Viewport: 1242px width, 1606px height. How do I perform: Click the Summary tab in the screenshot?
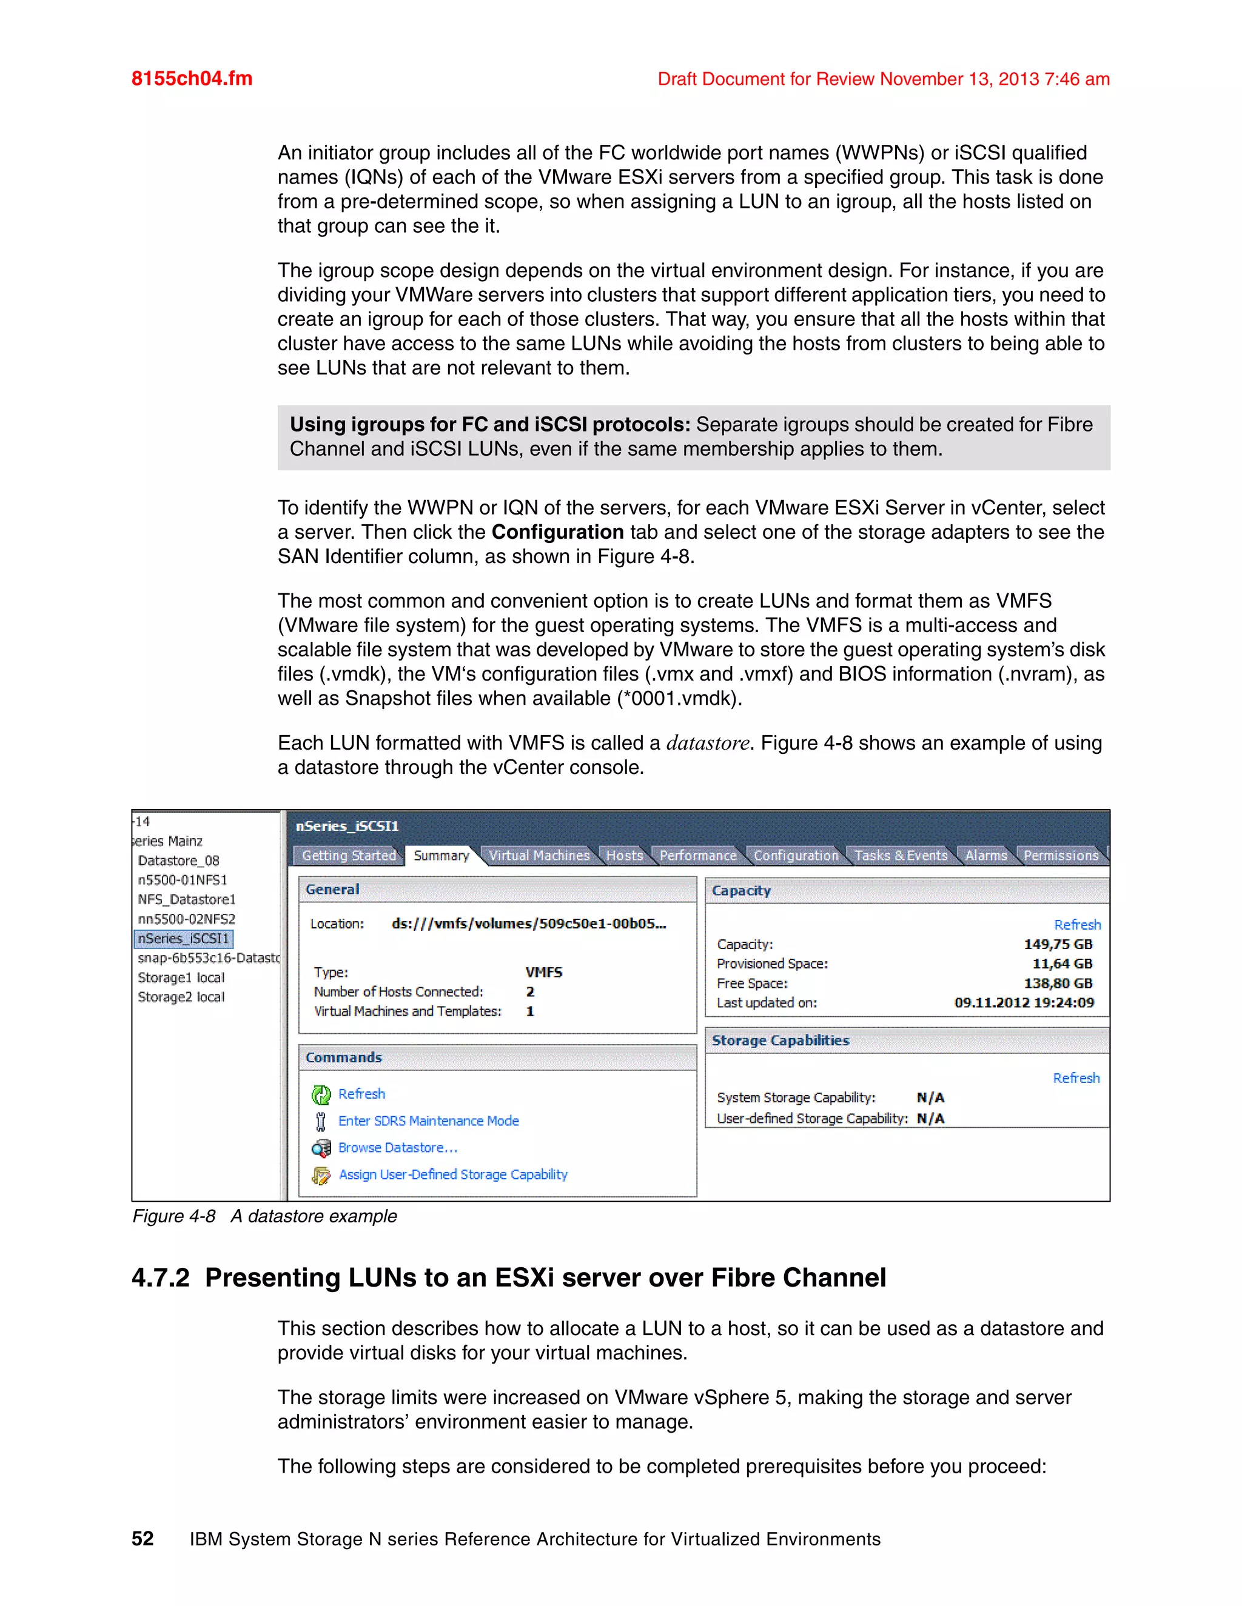point(441,855)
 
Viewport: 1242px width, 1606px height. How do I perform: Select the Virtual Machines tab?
point(539,855)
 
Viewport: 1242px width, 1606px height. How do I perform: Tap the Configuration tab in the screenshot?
point(796,855)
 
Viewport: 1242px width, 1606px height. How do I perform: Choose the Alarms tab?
point(985,855)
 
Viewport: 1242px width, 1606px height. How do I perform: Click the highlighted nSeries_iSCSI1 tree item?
point(183,938)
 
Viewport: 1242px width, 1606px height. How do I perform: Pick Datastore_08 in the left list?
point(178,861)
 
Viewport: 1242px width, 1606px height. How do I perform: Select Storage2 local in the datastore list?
point(181,997)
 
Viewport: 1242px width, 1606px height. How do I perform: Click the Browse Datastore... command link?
point(397,1147)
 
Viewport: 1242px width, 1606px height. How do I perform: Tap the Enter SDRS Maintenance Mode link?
point(428,1121)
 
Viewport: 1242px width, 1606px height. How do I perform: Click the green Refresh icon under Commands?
point(321,1095)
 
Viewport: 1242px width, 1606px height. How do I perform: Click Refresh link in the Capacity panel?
point(1076,924)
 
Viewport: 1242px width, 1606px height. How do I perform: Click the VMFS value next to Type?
point(544,972)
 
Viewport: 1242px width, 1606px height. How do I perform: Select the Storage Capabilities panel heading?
point(780,1041)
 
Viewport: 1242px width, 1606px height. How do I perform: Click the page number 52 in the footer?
point(143,1539)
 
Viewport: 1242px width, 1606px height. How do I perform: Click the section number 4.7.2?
point(160,1278)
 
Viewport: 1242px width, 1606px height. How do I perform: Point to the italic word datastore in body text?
point(707,744)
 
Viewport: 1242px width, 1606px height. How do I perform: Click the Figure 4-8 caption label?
point(173,1216)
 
